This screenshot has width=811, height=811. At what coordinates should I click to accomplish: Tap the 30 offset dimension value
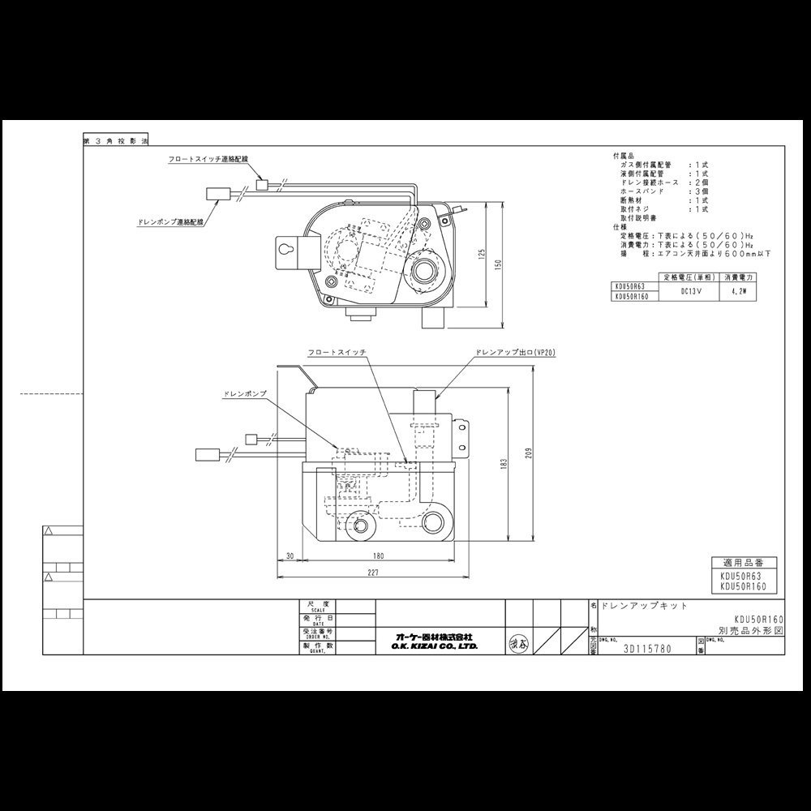(x=289, y=556)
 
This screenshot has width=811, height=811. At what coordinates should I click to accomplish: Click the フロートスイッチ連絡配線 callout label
(x=208, y=161)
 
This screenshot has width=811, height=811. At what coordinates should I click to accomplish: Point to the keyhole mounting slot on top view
(x=286, y=251)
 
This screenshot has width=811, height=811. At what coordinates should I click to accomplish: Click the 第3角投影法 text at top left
(x=116, y=140)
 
